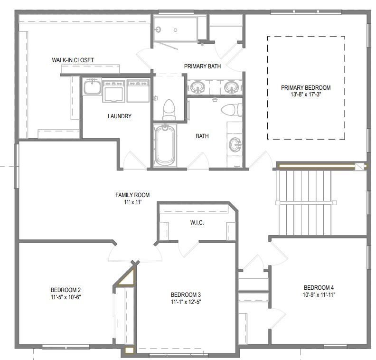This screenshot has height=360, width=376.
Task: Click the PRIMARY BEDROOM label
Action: (x=306, y=87)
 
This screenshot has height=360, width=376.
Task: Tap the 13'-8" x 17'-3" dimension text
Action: (x=306, y=94)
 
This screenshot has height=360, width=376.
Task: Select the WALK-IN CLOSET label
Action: (x=73, y=60)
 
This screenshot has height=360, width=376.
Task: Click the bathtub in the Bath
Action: (x=165, y=145)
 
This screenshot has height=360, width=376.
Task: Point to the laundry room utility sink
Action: (x=92, y=87)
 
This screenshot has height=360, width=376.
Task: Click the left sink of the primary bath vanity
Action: (x=197, y=87)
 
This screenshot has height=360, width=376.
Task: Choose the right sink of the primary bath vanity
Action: (x=231, y=87)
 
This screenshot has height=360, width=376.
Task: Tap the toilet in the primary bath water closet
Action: (x=169, y=110)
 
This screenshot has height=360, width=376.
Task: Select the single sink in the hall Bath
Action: (x=235, y=145)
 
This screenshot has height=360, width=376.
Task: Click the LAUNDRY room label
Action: (x=120, y=116)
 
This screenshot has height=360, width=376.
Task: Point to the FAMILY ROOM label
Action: (x=132, y=195)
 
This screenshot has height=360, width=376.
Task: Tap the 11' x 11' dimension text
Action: (x=133, y=202)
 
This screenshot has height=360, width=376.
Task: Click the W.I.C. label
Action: (x=197, y=223)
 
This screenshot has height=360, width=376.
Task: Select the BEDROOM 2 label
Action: (x=66, y=290)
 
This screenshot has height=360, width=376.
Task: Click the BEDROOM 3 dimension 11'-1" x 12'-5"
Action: (x=186, y=302)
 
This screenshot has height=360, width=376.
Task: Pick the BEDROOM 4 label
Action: (x=319, y=287)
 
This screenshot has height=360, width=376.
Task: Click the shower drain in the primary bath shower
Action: (x=175, y=30)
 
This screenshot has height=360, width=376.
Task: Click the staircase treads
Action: (x=303, y=203)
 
